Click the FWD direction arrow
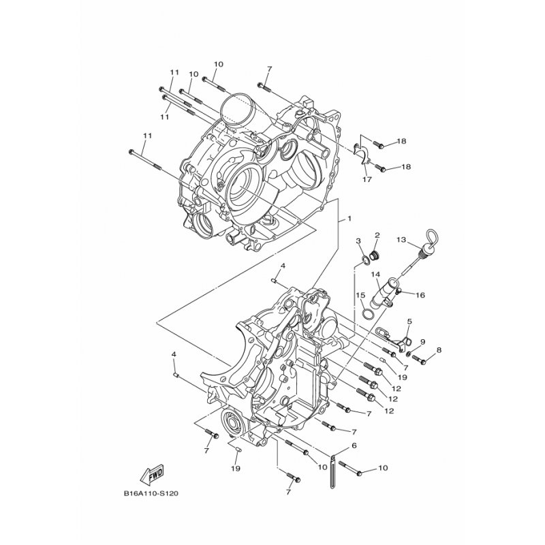click(152, 474)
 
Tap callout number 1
click(349, 219)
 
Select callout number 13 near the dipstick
click(401, 240)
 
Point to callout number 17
click(367, 179)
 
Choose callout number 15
click(360, 295)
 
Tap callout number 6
click(354, 445)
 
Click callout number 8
click(439, 350)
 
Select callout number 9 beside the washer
click(422, 342)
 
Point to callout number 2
click(377, 235)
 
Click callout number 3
click(358, 240)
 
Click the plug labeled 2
click(375, 256)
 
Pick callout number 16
click(420, 295)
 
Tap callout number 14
click(375, 275)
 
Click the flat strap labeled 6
click(332, 472)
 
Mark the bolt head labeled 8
click(422, 362)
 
